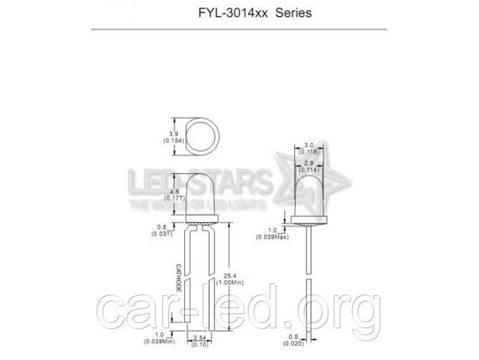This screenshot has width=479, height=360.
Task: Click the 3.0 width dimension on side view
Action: click(x=311, y=145)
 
